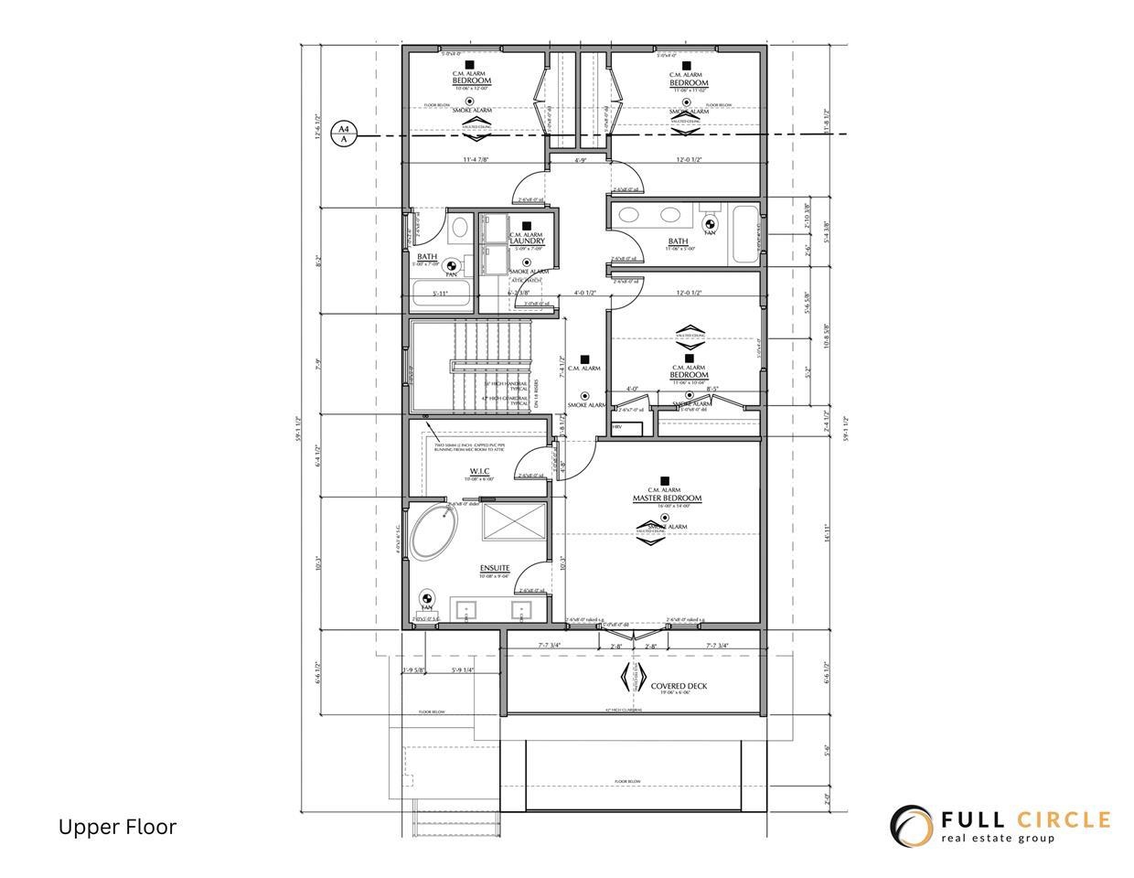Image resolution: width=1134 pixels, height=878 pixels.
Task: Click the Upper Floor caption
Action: pyautogui.click(x=117, y=827)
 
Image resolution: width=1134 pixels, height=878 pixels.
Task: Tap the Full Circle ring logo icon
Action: pyautogui.click(x=911, y=826)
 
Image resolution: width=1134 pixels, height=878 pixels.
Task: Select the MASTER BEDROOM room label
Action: pyautogui.click(x=667, y=498)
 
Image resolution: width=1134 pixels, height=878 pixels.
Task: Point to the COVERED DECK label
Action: pyautogui.click(x=679, y=686)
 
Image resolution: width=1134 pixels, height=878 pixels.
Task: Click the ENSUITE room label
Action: pyautogui.click(x=494, y=569)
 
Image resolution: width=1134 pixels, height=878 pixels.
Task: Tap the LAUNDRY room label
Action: pyautogui.click(x=527, y=241)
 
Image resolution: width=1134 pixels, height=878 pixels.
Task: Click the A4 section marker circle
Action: pyautogui.click(x=344, y=135)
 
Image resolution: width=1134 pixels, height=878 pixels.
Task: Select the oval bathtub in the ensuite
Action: pyautogui.click(x=432, y=536)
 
